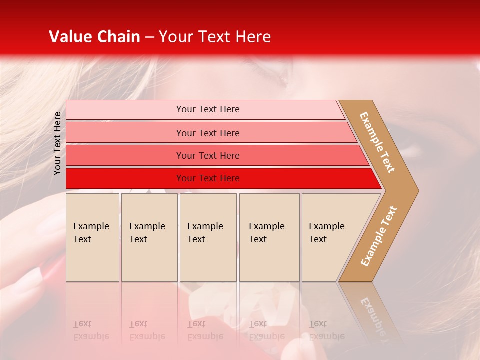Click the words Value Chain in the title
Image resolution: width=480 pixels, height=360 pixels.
[94, 37]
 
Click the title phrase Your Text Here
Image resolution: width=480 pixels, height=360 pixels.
[215, 37]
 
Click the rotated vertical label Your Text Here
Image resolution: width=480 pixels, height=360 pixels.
[57, 143]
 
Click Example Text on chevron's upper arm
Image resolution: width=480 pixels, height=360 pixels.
[377, 142]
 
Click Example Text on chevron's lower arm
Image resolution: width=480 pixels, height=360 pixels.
[379, 236]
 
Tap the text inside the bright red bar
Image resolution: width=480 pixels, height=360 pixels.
[208, 178]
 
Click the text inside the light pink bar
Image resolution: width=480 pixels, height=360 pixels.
[208, 109]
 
